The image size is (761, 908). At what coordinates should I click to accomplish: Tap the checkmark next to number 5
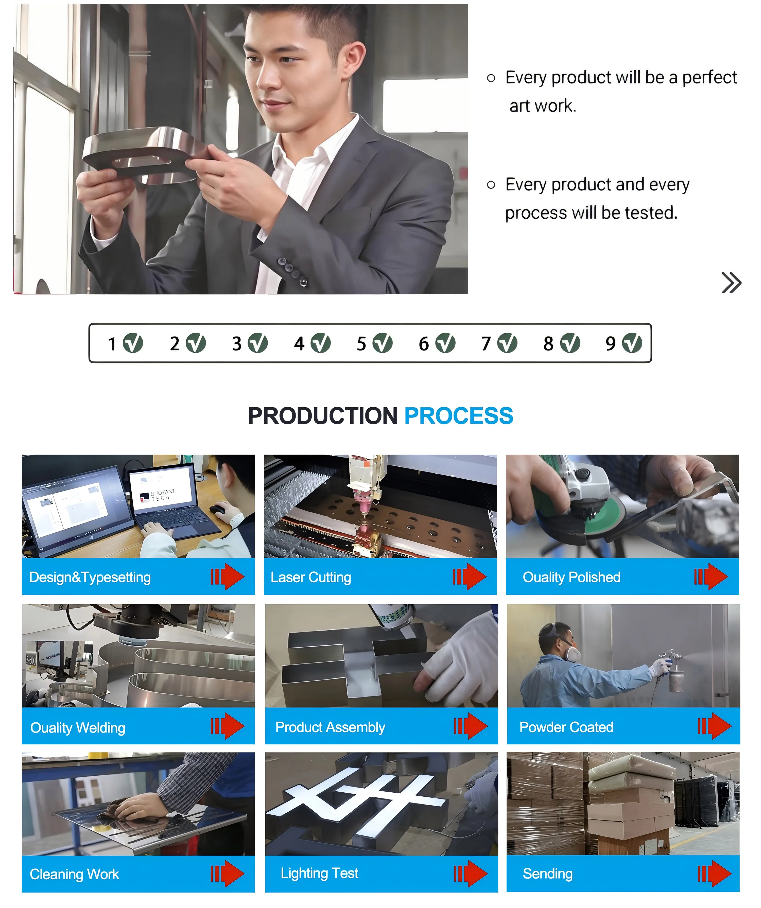point(383,343)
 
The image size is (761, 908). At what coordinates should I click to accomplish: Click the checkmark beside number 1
point(133,343)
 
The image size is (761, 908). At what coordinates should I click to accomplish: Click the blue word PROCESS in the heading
point(459,416)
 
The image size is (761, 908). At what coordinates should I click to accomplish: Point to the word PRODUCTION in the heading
point(323,416)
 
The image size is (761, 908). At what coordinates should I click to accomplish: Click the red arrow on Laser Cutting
point(470,577)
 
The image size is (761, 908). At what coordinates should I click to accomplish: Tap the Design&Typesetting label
point(90,577)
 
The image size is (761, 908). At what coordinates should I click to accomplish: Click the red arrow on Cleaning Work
point(228,874)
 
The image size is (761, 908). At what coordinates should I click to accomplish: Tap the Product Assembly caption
point(330,727)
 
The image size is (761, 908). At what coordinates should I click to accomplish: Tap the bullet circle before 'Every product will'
point(491,78)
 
